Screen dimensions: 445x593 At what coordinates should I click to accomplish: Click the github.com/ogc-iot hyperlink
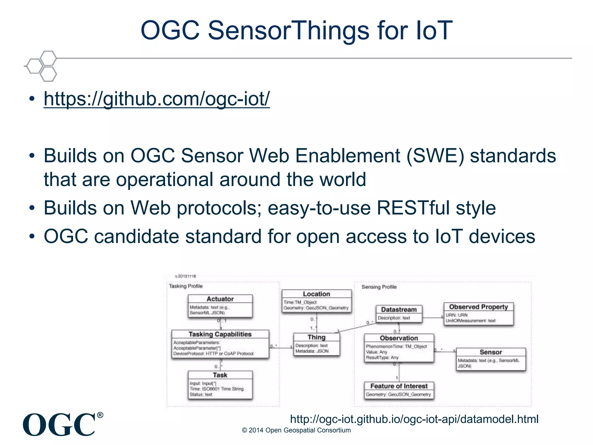(x=157, y=99)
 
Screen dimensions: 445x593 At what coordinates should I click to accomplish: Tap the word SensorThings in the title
(x=288, y=30)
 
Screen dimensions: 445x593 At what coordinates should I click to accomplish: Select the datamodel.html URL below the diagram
(x=414, y=419)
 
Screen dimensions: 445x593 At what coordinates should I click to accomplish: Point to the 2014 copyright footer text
(x=296, y=430)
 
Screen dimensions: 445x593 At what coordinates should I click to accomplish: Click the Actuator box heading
(x=220, y=299)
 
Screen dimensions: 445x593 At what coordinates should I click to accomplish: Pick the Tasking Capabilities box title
(x=220, y=334)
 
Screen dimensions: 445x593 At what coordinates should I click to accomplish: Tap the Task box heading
(x=220, y=375)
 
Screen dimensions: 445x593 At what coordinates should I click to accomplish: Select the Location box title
(x=316, y=294)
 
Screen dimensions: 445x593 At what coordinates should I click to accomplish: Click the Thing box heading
(x=316, y=337)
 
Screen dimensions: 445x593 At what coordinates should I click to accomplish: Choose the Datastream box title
(x=399, y=310)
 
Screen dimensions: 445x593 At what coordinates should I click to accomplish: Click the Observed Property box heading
(x=478, y=307)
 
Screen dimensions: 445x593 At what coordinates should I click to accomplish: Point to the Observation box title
(x=399, y=338)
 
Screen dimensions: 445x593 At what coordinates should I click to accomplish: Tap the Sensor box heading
(x=491, y=352)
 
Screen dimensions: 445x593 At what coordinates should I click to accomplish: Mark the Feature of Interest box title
(x=399, y=386)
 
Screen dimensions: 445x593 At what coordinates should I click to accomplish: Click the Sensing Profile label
(x=379, y=287)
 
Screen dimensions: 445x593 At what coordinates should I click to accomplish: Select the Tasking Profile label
(x=186, y=286)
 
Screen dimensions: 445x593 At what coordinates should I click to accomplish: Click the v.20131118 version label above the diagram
(x=186, y=276)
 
